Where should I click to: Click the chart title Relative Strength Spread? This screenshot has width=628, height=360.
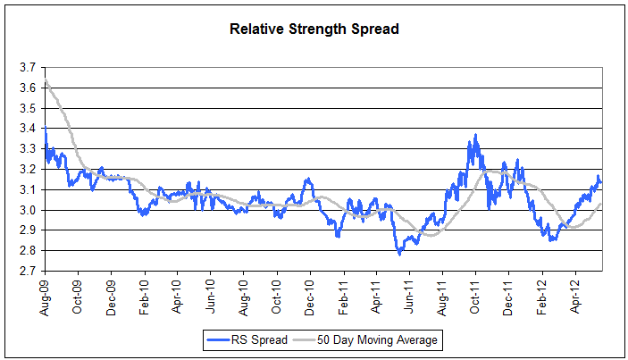tap(314, 29)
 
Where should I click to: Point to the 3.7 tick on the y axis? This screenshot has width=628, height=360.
tap(28, 67)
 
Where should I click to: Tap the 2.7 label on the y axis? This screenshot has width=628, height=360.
tap(28, 272)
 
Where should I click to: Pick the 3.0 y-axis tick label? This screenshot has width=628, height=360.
tap(28, 210)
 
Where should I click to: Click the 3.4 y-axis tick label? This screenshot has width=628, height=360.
tap(28, 129)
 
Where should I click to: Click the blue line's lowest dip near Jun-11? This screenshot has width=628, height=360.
tap(399, 254)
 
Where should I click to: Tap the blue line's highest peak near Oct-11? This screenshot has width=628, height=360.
tap(475, 136)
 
